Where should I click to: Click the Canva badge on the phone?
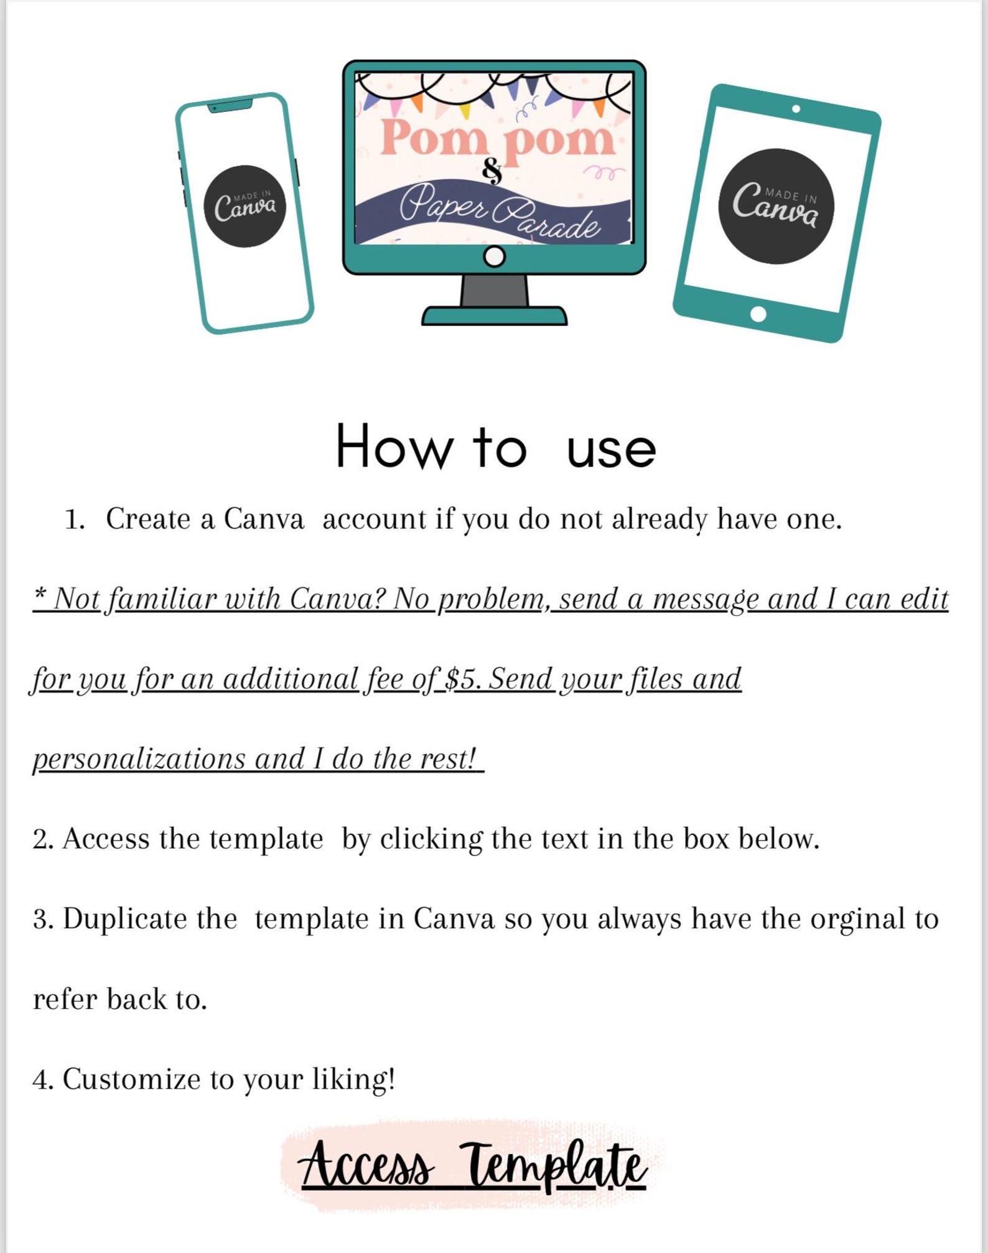click(245, 206)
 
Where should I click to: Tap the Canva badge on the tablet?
click(776, 207)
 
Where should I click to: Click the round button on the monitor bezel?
click(495, 256)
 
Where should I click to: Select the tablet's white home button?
click(758, 314)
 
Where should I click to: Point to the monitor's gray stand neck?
click(495, 291)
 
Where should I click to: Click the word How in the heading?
click(393, 446)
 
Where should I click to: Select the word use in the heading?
click(611, 450)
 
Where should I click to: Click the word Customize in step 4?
click(132, 1079)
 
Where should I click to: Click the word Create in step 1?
click(148, 519)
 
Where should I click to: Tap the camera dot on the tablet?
click(796, 109)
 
